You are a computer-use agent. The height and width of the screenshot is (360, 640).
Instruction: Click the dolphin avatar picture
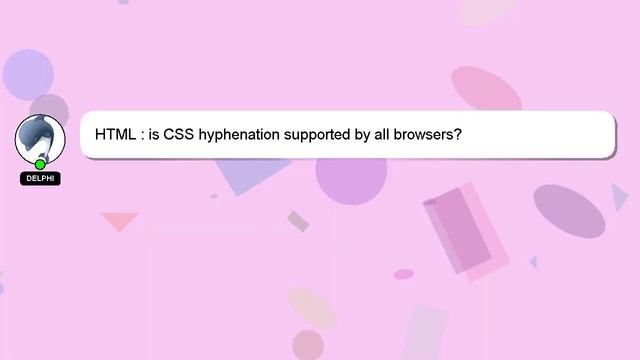click(40, 139)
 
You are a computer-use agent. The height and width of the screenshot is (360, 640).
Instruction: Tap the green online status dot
click(40, 164)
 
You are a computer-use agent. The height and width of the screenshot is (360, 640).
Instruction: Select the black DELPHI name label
click(40, 179)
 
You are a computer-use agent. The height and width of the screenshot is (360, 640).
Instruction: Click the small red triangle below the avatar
click(119, 220)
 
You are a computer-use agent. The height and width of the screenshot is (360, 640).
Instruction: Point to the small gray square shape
click(298, 221)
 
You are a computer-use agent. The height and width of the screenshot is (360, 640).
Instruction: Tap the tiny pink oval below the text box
click(403, 274)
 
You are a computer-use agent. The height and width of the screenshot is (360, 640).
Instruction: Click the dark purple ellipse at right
click(569, 210)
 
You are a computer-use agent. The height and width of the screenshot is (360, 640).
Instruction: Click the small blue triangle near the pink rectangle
click(533, 262)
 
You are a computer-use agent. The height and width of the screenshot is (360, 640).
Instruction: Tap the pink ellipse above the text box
click(486, 90)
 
